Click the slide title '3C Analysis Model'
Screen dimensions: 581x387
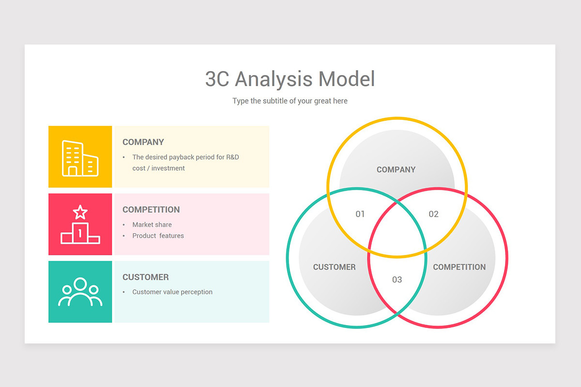pyautogui.click(x=290, y=79)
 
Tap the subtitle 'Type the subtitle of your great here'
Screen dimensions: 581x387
pyautogui.click(x=290, y=101)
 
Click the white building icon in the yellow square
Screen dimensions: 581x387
pyautogui.click(x=80, y=158)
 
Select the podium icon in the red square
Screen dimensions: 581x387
pyautogui.click(x=80, y=224)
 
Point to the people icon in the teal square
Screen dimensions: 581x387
pyautogui.click(x=80, y=292)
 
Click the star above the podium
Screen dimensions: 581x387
pyautogui.click(x=80, y=212)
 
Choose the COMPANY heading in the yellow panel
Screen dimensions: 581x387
pyautogui.click(x=143, y=142)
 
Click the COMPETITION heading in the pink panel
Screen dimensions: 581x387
pyautogui.click(x=151, y=209)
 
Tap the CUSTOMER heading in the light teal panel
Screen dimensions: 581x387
pyautogui.click(x=146, y=277)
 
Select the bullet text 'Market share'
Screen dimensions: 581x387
pyautogui.click(x=152, y=224)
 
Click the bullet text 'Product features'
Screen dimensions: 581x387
pyautogui.click(x=158, y=236)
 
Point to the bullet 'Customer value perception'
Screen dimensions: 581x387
pyautogui.click(x=172, y=292)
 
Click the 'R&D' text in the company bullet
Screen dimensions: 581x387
pyautogui.click(x=232, y=157)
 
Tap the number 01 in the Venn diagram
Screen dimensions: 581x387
pyautogui.click(x=360, y=214)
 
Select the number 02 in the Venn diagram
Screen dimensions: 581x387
pyautogui.click(x=433, y=214)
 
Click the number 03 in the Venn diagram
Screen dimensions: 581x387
pyautogui.click(x=397, y=280)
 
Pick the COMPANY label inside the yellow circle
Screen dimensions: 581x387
pyautogui.click(x=396, y=169)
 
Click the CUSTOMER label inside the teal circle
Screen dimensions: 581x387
pyautogui.click(x=335, y=267)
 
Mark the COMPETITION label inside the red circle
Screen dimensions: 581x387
pyautogui.click(x=459, y=267)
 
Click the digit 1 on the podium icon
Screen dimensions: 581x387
pyautogui.click(x=80, y=233)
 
